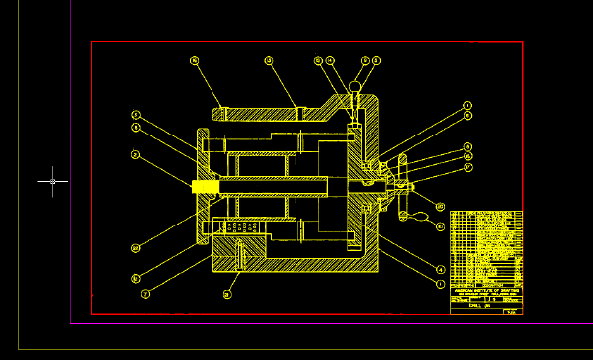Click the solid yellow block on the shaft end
(x=205, y=186)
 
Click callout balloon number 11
(x=467, y=105)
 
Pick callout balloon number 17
(x=468, y=167)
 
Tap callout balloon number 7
(x=136, y=114)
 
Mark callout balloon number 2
(x=145, y=293)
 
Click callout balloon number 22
(x=136, y=247)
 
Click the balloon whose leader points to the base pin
(x=227, y=294)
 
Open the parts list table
(x=485, y=251)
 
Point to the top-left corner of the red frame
(x=92, y=42)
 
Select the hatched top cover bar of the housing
(x=259, y=114)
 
